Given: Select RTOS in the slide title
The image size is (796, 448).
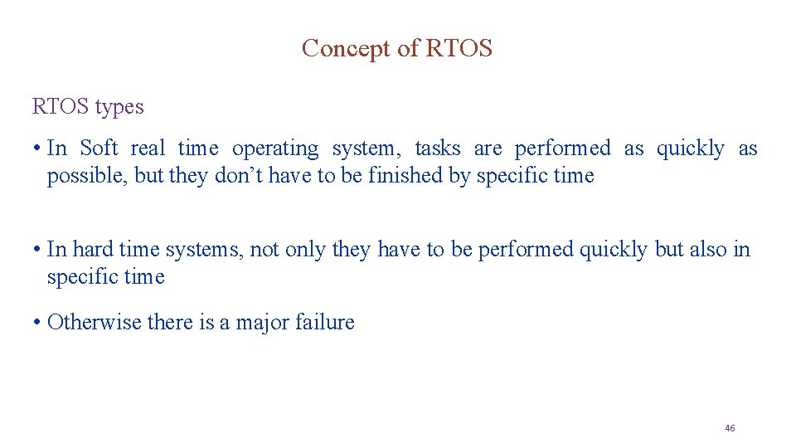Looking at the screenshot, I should [459, 49].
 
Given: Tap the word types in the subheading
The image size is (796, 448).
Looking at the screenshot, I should [119, 107].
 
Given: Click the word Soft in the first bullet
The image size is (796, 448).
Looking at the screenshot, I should [99, 149].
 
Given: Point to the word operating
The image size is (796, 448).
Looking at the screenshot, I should [274, 149].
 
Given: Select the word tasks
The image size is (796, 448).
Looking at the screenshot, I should [437, 149].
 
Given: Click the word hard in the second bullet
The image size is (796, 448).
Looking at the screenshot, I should [93, 249].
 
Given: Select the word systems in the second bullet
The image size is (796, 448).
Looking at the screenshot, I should [208, 250].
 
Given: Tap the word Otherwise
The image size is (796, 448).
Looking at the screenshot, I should [95, 322].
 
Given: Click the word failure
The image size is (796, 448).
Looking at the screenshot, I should [325, 322].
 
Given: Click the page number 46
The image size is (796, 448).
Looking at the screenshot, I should [730, 428].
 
